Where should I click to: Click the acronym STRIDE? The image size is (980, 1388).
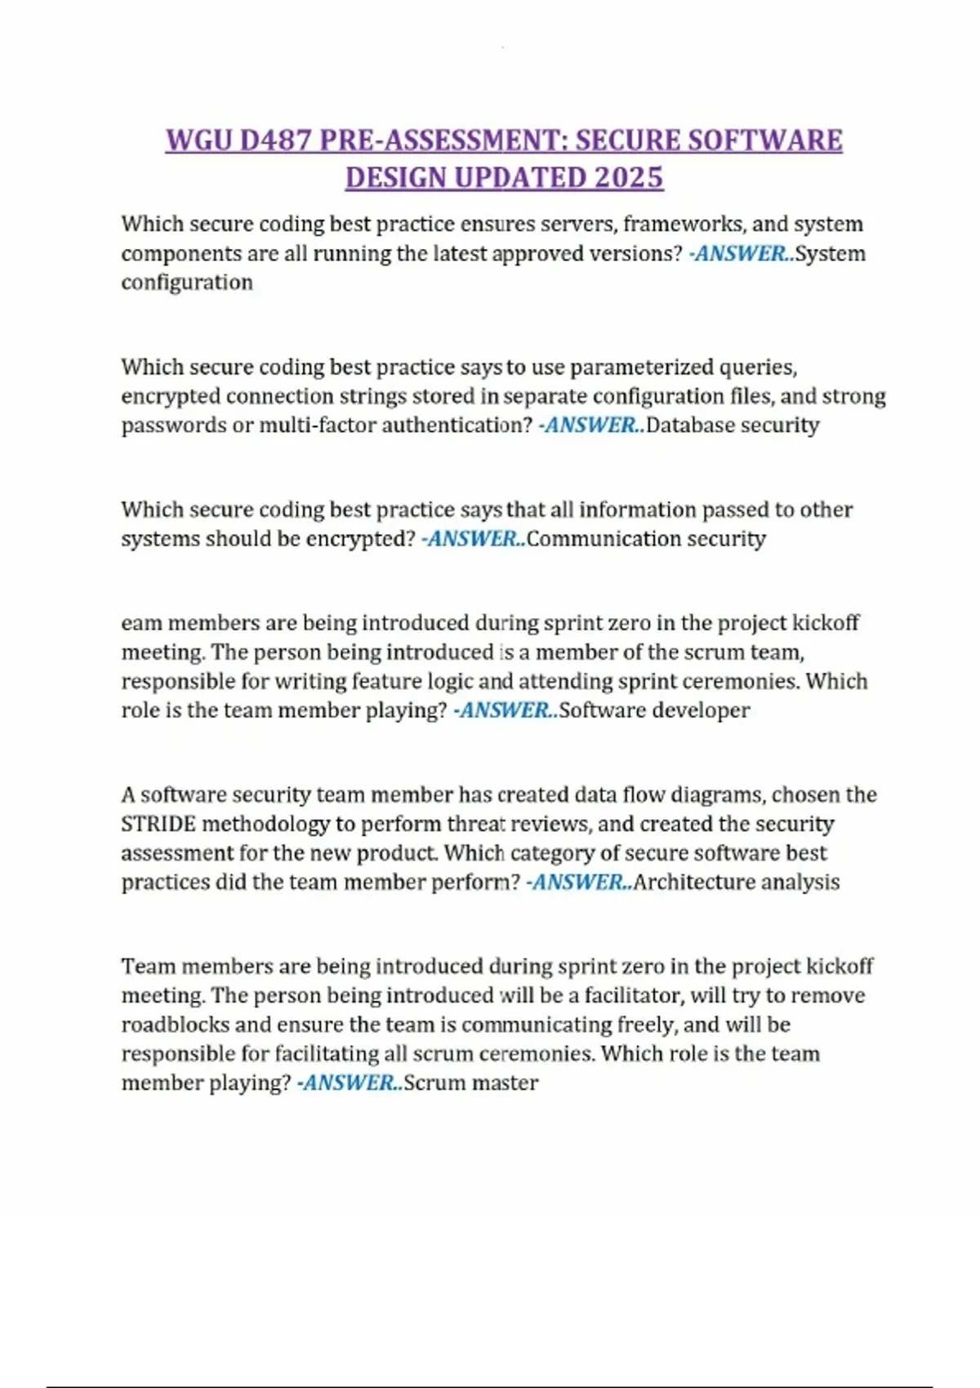[x=158, y=824]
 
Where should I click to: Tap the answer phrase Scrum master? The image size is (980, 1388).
[x=471, y=1083]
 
